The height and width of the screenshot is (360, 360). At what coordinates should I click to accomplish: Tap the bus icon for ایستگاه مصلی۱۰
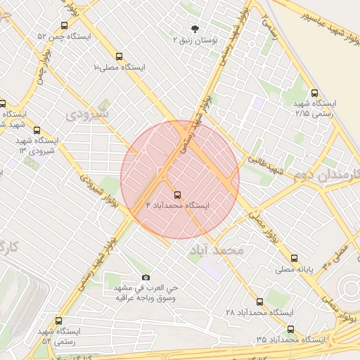pyautogui.click(x=118, y=57)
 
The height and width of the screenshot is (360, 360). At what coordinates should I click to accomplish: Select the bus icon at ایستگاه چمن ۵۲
pyautogui.click(x=64, y=25)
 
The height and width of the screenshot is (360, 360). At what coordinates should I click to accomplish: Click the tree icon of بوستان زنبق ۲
pyautogui.click(x=194, y=29)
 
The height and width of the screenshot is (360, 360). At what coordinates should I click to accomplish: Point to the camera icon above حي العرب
pyautogui.click(x=146, y=278)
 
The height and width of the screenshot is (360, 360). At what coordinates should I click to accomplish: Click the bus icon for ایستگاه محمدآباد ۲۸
pyautogui.click(x=260, y=302)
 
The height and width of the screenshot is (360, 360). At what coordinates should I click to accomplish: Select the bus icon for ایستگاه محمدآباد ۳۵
pyautogui.click(x=290, y=329)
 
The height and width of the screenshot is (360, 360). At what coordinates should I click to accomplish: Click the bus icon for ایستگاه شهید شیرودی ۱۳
pyautogui.click(x=37, y=129)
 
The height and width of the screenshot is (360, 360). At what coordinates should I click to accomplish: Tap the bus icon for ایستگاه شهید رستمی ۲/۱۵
pyautogui.click(x=314, y=92)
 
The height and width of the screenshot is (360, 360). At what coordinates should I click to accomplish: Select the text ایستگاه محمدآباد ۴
pyautogui.click(x=177, y=205)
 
